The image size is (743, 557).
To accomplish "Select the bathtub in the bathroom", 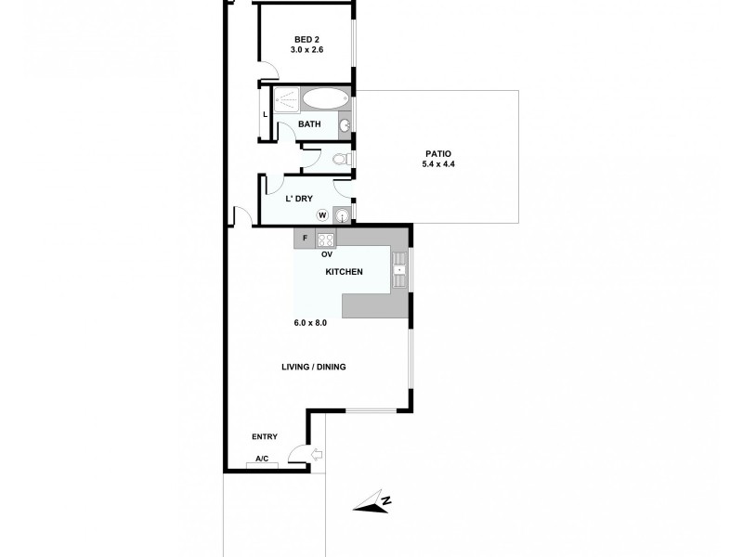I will pyautogui.click(x=324, y=98).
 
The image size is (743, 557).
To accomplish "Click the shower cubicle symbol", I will pyautogui.click(x=287, y=99).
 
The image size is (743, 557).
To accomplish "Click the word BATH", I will pyautogui.click(x=309, y=123).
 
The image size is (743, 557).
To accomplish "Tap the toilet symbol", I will pyautogui.click(x=342, y=160).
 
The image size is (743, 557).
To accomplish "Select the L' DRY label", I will pyautogui.click(x=296, y=198).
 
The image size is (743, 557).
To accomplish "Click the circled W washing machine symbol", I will pyautogui.click(x=322, y=215).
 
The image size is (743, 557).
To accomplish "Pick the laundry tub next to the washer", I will pyautogui.click(x=344, y=215).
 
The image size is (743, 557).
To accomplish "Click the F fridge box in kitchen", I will pyautogui.click(x=305, y=239).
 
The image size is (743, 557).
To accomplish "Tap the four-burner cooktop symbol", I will pyautogui.click(x=326, y=239).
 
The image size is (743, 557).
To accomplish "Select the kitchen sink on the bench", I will pyautogui.click(x=398, y=271).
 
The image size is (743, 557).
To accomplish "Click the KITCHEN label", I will pyautogui.click(x=343, y=272).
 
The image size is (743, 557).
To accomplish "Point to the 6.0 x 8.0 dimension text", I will pyautogui.click(x=311, y=323).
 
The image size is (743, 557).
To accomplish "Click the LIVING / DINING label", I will pyautogui.click(x=314, y=367).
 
